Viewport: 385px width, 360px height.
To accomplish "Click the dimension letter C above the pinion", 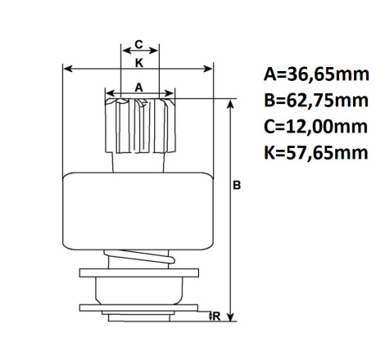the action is pos(139,44).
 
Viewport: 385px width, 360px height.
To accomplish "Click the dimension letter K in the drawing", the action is pos(139,63).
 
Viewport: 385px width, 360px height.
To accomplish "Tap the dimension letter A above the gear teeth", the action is pos(139,88).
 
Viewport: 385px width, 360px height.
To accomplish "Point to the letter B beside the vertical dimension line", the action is pos(237,185).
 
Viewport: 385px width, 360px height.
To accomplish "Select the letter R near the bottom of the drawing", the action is pos(216,317).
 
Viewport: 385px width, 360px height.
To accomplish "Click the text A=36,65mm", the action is pos(316,74).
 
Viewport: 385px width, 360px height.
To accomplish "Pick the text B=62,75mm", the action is pos(316,101).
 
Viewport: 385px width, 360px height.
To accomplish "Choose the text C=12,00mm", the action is pos(315,127).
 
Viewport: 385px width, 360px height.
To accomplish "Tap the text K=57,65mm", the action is pos(316,153).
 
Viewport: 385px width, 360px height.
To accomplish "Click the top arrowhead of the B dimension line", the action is pos(231,104).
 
